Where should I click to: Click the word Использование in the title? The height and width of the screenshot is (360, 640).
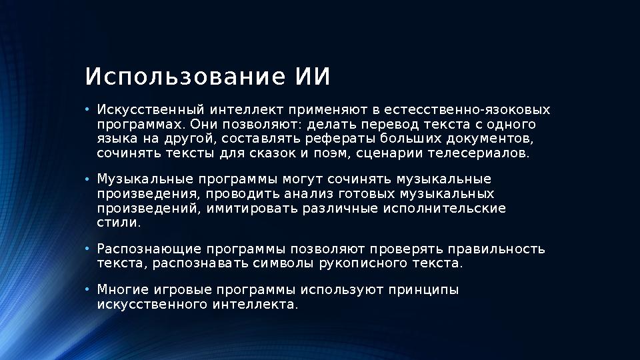click(x=179, y=77)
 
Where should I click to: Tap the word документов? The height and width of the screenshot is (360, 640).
click(x=491, y=139)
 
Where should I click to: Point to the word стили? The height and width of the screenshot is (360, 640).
click(x=119, y=223)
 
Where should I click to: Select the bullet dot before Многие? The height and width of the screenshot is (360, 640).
click(x=87, y=291)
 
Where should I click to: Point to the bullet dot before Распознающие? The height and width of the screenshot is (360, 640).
click(x=87, y=249)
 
